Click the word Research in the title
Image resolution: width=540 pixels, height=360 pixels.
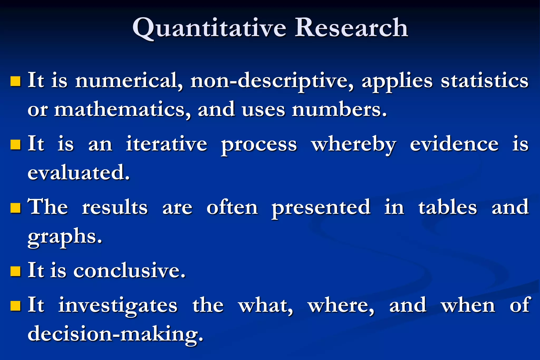(x=351, y=28)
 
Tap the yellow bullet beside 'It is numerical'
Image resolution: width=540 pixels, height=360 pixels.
(x=16, y=81)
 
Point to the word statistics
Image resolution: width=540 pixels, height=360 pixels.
(x=485, y=81)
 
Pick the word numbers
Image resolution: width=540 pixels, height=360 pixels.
(x=339, y=110)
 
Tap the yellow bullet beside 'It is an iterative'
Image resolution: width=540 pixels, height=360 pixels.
(x=16, y=145)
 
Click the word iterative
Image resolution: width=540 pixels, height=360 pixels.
(x=166, y=144)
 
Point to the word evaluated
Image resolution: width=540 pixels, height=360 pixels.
(x=79, y=173)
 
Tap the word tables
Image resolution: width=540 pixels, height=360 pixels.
(x=447, y=207)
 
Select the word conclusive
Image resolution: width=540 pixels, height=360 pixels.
(x=129, y=271)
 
